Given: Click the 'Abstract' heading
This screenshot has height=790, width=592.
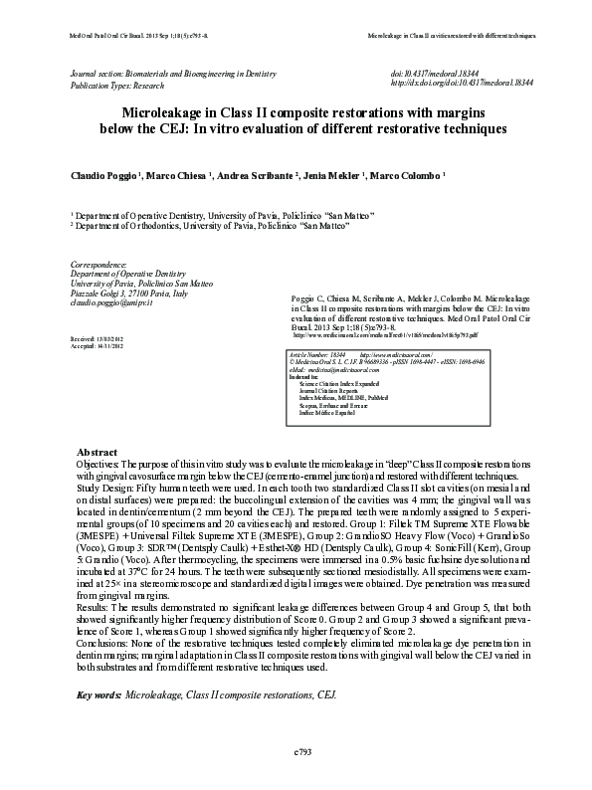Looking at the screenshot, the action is coord(97,452).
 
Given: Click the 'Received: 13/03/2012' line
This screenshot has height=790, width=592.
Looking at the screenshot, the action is coord(96,338).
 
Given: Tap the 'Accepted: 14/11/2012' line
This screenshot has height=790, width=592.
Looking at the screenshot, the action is coord(96,346).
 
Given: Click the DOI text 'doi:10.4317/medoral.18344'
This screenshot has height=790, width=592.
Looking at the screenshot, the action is coord(436,74).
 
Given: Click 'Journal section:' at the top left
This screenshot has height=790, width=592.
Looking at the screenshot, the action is coord(98,74).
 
